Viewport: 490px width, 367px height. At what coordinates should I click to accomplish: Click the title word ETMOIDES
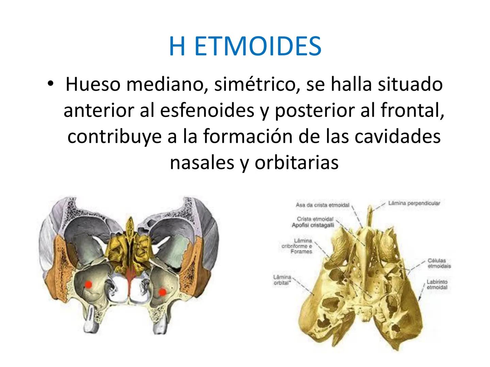tap(258, 46)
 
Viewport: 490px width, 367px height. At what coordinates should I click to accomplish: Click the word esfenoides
tap(207, 110)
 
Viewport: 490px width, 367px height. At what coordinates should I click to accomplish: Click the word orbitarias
tap(296, 162)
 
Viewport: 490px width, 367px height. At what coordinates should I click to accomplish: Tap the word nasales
tap(202, 162)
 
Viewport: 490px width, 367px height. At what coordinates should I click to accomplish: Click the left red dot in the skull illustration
tap(88, 284)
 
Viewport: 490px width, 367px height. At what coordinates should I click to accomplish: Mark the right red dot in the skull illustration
tap(162, 292)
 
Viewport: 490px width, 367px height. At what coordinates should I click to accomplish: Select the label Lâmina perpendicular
tap(414, 203)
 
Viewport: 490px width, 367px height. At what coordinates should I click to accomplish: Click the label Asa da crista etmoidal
tap(322, 205)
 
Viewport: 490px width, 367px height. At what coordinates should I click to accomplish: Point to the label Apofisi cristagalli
tap(313, 225)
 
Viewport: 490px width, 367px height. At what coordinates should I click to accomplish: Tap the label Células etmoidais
tap(439, 264)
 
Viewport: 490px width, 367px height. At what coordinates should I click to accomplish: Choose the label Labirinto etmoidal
tap(437, 284)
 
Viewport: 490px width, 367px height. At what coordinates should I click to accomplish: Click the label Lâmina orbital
tap(282, 280)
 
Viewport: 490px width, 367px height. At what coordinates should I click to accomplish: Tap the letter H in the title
tap(177, 46)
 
